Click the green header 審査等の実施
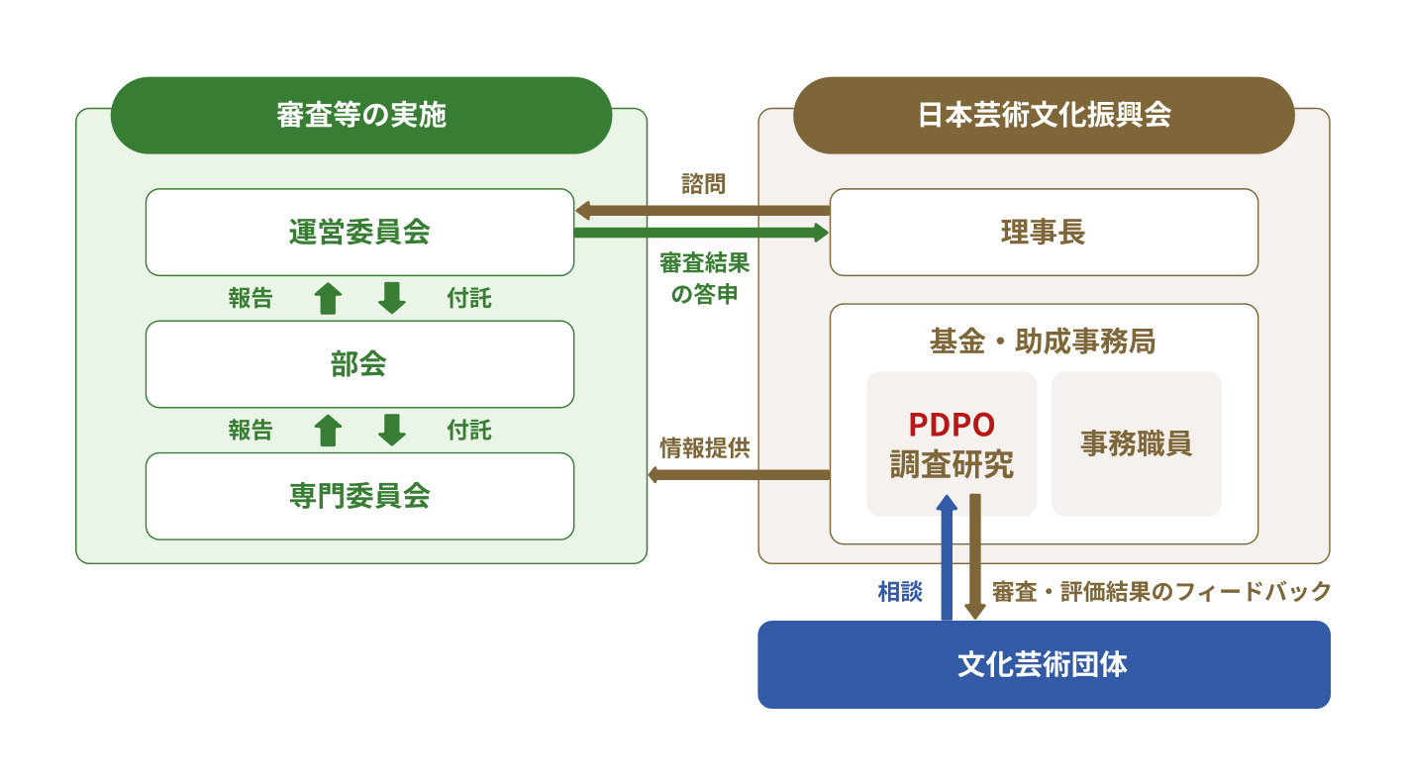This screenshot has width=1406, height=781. click(x=360, y=115)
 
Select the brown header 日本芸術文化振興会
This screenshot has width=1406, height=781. click(x=1044, y=115)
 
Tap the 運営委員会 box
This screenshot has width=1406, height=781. click(x=359, y=233)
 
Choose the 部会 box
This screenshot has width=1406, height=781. click(x=359, y=364)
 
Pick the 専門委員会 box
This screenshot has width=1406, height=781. click(x=359, y=496)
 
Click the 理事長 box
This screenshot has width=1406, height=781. click(x=1044, y=233)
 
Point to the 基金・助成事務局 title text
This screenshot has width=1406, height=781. click(x=1043, y=342)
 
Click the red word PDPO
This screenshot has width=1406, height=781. click(x=952, y=424)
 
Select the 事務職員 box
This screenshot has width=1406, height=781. click(x=1136, y=443)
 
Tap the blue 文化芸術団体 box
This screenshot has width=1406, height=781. click(x=1044, y=664)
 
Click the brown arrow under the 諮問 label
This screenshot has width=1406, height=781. click(x=702, y=210)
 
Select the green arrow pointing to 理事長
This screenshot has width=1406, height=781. click(x=702, y=233)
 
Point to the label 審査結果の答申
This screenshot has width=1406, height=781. click(x=704, y=279)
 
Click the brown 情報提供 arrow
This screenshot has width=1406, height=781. click(x=738, y=475)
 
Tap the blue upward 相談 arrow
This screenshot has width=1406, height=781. click(x=947, y=559)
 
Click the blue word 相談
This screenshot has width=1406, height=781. click(x=900, y=592)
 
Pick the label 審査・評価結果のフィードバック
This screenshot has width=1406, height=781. click(x=1161, y=592)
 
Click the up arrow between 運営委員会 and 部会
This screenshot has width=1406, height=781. click(x=328, y=298)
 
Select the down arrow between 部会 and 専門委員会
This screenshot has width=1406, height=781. click(x=392, y=430)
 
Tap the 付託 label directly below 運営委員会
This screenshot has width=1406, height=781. click(x=468, y=298)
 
